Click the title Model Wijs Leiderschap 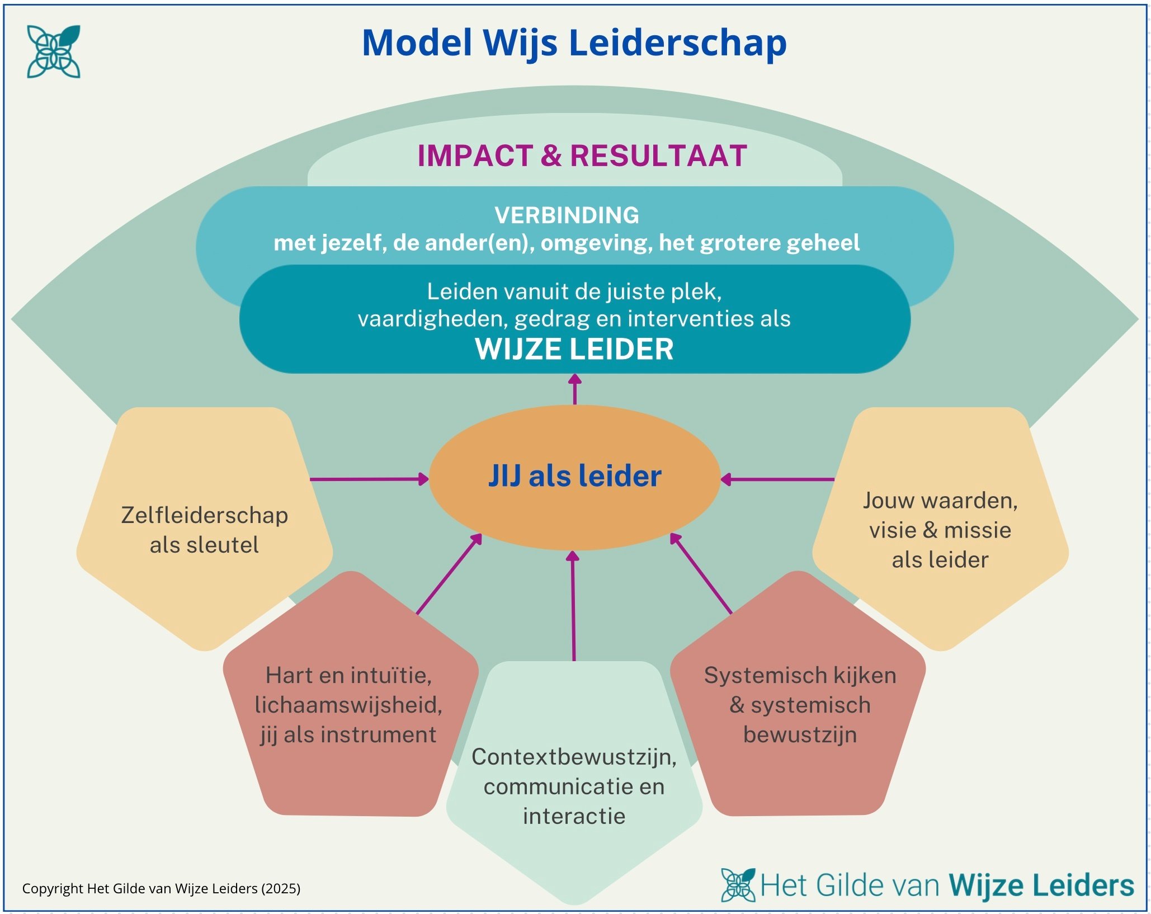point(574,43)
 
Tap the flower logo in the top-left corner point(54,51)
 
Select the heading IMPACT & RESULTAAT point(582,156)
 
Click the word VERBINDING point(567,215)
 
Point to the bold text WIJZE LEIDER point(574,349)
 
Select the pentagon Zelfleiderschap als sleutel point(205,529)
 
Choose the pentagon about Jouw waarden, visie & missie point(940,529)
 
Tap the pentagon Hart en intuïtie point(348,704)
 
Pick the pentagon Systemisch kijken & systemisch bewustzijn point(800,704)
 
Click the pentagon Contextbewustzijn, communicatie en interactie point(574,785)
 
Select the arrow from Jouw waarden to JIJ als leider point(777,479)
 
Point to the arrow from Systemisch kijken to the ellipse point(701,574)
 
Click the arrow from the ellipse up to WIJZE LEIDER point(575,389)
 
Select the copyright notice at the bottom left point(161,888)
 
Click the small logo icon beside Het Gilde point(738,885)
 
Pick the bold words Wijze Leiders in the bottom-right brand point(1041,885)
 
